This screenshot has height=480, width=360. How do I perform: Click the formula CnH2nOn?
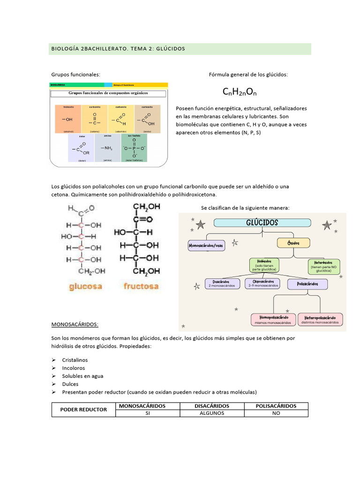click(240, 91)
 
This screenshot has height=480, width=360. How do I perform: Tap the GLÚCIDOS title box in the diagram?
click(262, 223)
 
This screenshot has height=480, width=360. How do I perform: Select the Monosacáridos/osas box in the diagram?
click(206, 245)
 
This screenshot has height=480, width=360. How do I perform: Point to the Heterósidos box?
click(323, 266)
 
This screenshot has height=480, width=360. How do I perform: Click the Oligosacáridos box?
click(262, 283)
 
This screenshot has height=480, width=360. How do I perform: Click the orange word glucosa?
click(86, 286)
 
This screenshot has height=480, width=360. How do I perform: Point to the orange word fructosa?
click(141, 286)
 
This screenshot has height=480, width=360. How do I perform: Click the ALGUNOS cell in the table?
click(212, 413)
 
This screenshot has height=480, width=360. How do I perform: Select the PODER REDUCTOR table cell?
click(83, 410)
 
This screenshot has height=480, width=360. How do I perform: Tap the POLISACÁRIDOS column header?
click(276, 406)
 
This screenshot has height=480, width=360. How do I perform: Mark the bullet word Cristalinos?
click(75, 360)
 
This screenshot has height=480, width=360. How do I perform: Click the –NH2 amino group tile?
click(107, 148)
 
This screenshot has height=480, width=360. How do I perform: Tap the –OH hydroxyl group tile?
click(67, 120)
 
